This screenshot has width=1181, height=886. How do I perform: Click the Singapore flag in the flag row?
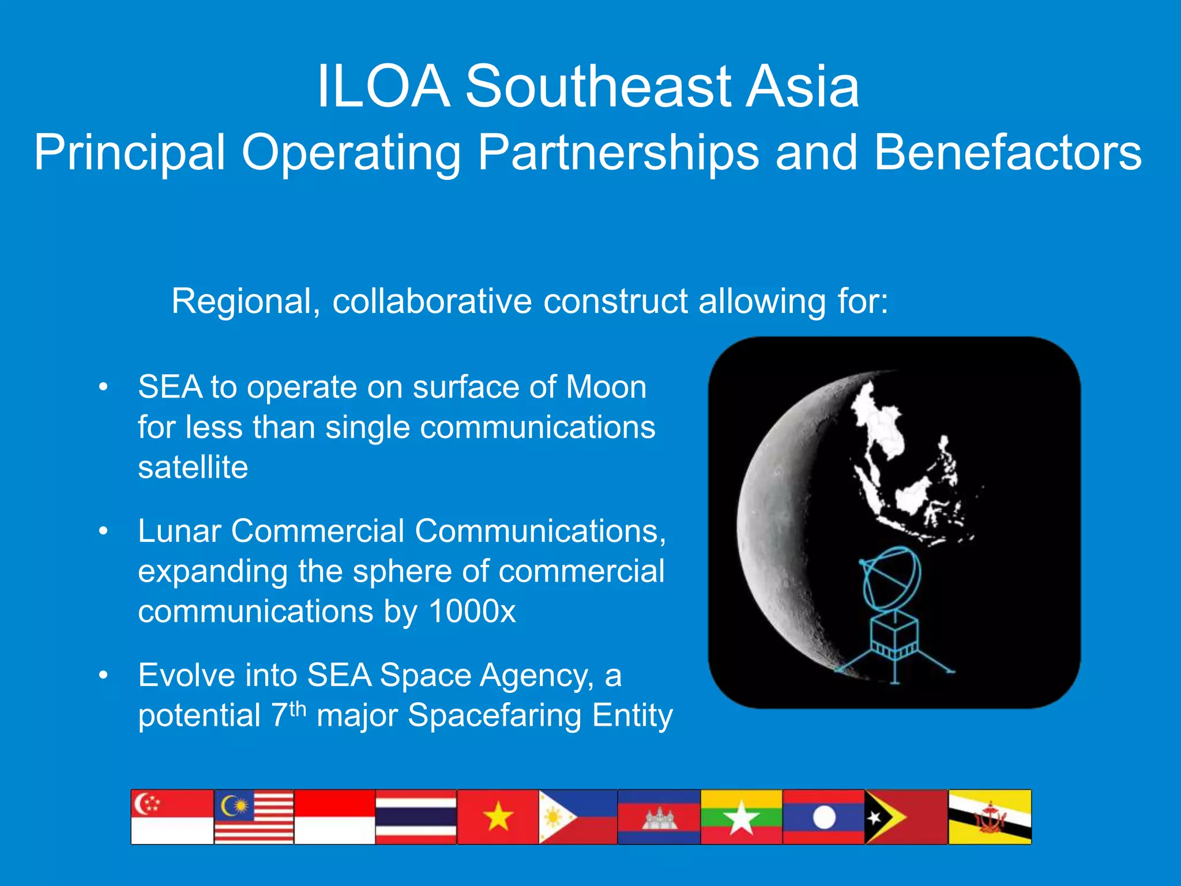[x=172, y=817]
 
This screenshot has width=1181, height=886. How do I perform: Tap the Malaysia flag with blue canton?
[x=254, y=817]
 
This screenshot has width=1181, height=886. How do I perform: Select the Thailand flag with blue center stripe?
[x=416, y=817]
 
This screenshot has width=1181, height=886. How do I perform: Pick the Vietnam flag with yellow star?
[x=498, y=817]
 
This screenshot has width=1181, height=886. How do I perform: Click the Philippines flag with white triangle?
[x=578, y=817]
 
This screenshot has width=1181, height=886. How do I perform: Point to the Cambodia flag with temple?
[x=659, y=817]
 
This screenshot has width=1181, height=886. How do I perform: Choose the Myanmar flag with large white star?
[x=742, y=817]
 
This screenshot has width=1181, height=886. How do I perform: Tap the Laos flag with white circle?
[x=823, y=817]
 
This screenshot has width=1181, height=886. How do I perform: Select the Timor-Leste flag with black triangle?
[x=906, y=817]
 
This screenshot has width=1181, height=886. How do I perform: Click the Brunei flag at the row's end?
[x=990, y=817]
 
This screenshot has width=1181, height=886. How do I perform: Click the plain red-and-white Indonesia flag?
[x=334, y=817]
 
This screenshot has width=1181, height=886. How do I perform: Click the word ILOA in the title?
[x=383, y=86]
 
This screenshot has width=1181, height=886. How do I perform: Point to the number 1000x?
[x=472, y=611]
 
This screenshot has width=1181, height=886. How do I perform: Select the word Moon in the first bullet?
[x=606, y=387]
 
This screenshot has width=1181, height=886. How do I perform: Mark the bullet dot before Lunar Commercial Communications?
[x=103, y=531]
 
